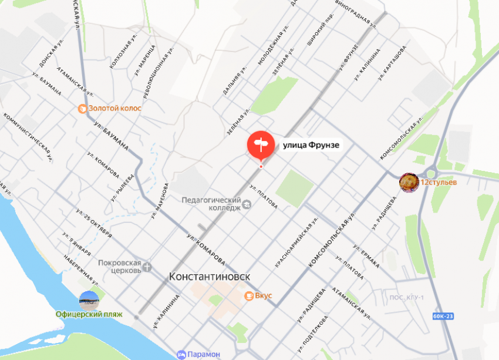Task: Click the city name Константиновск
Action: coord(210,276)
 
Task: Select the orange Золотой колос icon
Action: coord(83,109)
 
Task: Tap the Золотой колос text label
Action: coord(115,109)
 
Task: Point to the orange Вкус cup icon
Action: coord(249,295)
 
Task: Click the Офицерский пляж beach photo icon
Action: coord(89,300)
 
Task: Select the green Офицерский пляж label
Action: coord(89,314)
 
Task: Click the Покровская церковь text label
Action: coord(120,267)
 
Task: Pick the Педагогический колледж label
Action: coord(211,203)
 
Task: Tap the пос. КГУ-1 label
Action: coord(406,298)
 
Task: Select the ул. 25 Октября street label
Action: coord(94,224)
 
